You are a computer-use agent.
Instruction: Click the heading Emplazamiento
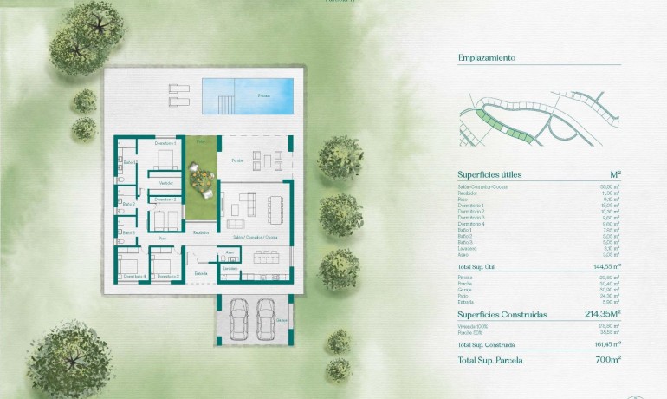tap(487, 58)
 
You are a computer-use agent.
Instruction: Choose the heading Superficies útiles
tap(490, 174)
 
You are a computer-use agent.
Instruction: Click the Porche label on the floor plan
tap(236, 160)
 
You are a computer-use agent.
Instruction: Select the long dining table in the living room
tap(276, 207)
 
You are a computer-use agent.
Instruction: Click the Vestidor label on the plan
tap(165, 183)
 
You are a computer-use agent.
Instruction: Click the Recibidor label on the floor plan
tap(201, 232)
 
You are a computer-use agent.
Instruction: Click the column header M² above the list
tap(616, 174)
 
